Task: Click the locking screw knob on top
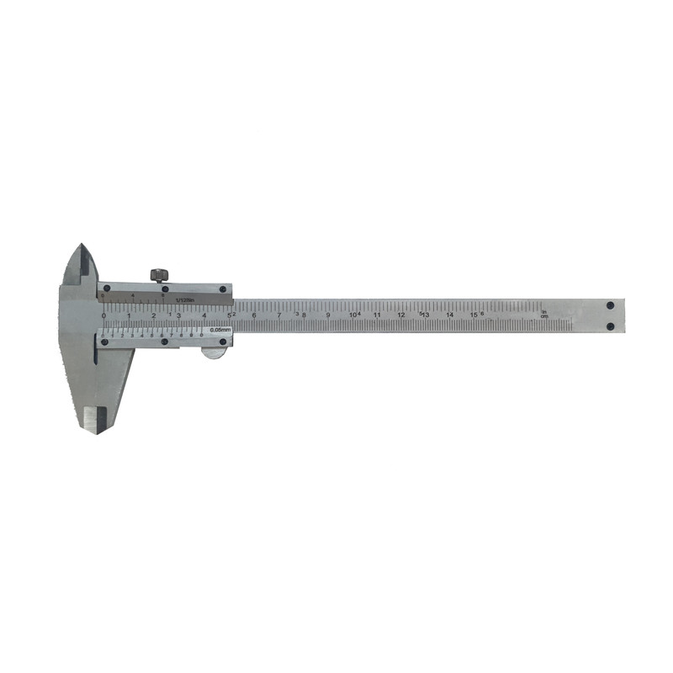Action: click(158, 275)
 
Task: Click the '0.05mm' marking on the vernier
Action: click(220, 330)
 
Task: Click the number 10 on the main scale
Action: click(352, 315)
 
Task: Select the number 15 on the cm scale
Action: click(474, 315)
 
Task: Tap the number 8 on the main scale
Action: click(303, 315)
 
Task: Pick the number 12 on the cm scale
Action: click(401, 315)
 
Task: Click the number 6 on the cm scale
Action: click(254, 315)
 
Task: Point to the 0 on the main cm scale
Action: click(103, 315)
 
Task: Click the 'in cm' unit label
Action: click(544, 315)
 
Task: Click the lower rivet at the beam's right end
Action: click(612, 325)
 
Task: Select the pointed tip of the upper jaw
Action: click(82, 246)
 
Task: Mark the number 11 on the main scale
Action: click(377, 315)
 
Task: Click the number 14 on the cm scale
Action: click(449, 315)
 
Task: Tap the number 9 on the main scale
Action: click(327, 315)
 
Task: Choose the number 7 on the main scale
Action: click(278, 315)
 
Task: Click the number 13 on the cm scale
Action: click(426, 315)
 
